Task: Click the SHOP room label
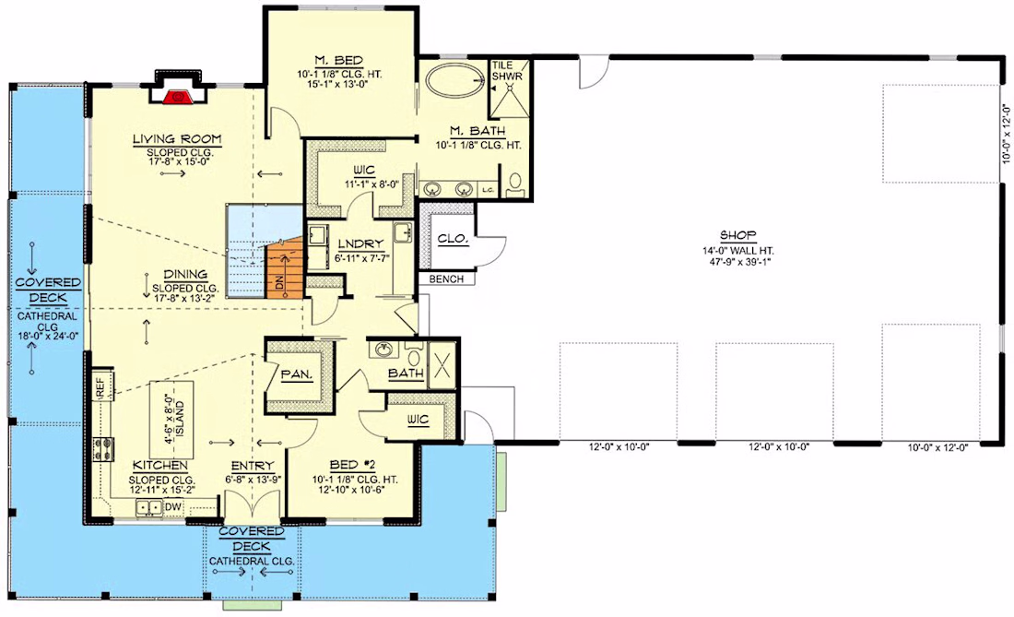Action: point(737,235)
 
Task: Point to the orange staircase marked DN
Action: point(285,267)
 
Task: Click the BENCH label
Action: point(446,279)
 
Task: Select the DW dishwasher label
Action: point(172,507)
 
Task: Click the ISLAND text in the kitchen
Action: point(181,419)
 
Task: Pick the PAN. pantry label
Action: point(297,374)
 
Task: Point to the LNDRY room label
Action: point(360,243)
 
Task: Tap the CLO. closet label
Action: point(453,239)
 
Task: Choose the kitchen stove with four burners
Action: point(104,448)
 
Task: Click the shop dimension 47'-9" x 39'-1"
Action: point(737,262)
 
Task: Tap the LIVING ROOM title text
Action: point(177,139)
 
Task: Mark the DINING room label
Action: point(185,274)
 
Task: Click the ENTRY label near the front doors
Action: point(253,466)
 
